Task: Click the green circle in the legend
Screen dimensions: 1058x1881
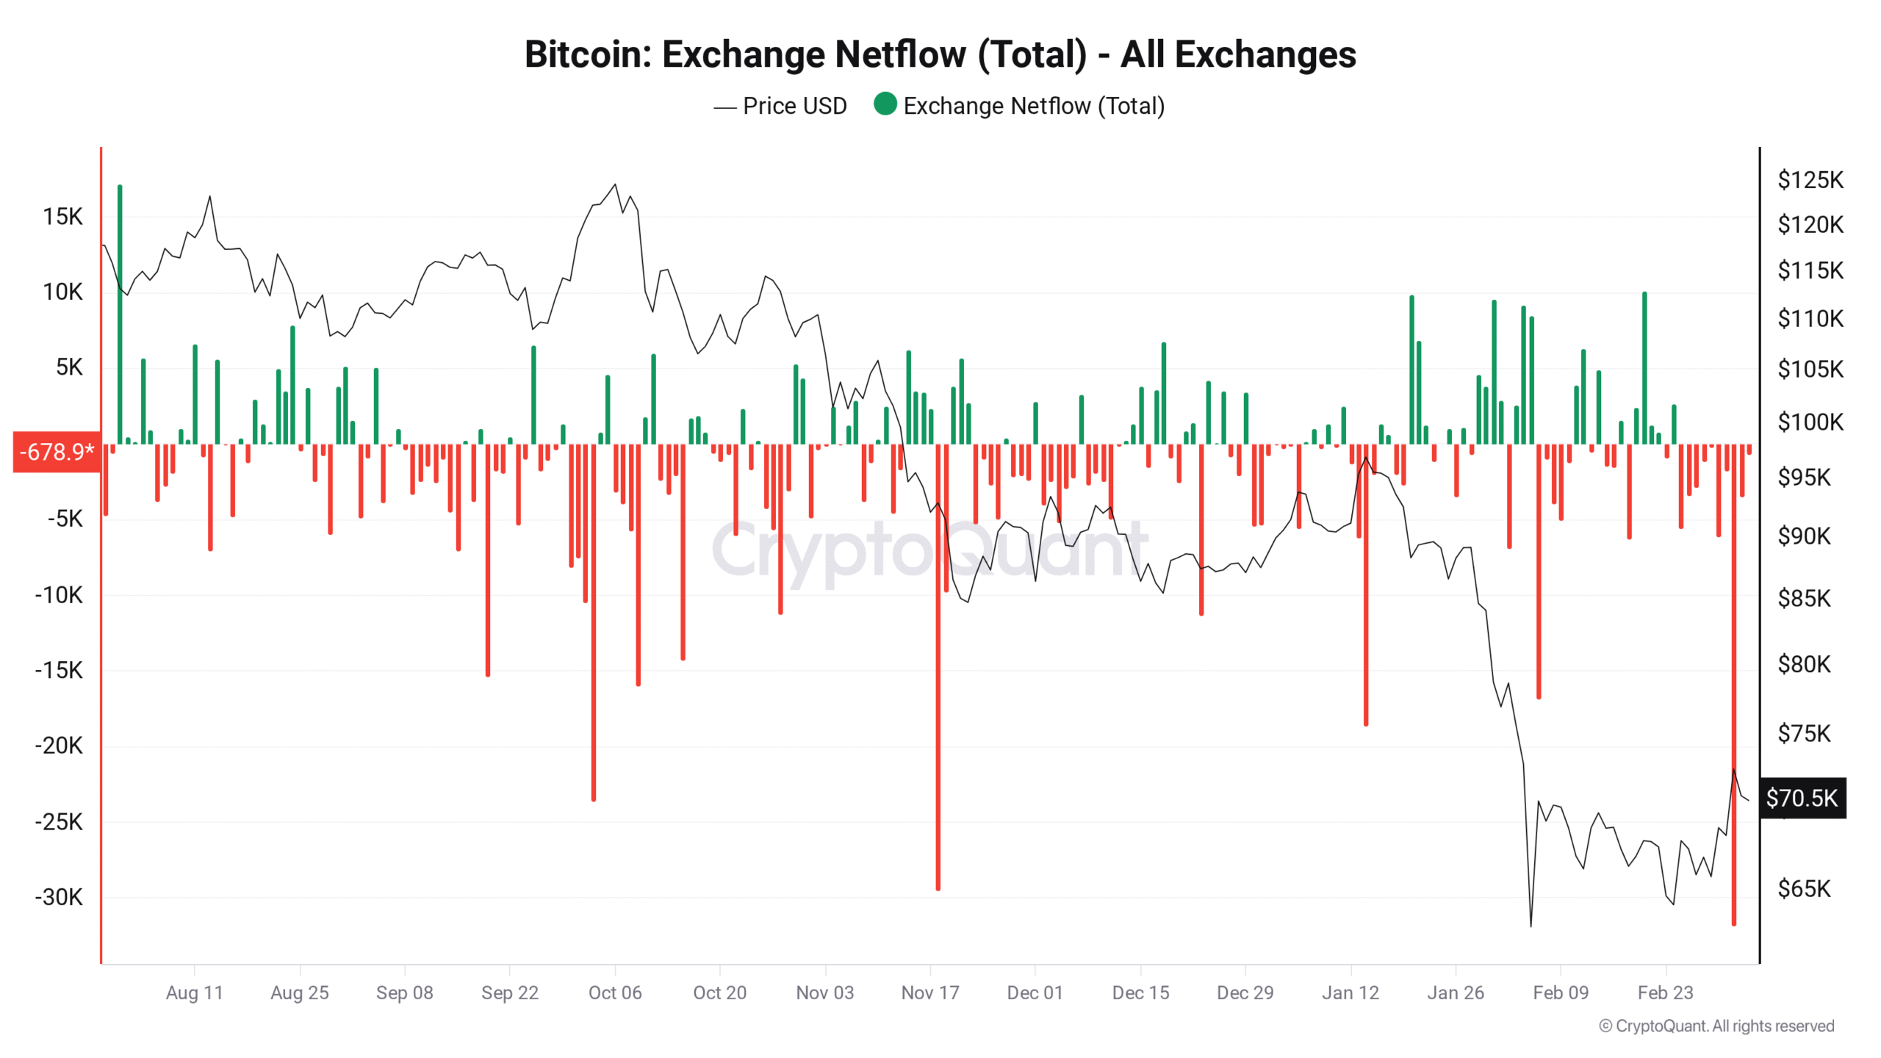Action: (885, 104)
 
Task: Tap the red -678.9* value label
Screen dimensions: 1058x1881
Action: (57, 451)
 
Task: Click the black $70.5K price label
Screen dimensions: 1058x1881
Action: (1802, 798)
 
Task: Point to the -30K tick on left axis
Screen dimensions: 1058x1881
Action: (59, 897)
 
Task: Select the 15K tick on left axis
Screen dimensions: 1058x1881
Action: (62, 217)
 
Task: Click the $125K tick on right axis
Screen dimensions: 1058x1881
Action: (1810, 180)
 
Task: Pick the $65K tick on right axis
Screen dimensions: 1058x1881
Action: (1804, 889)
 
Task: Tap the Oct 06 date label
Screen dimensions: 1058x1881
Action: (615, 993)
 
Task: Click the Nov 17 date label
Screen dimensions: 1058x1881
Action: (930, 993)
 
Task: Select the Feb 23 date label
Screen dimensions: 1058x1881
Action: (1665, 993)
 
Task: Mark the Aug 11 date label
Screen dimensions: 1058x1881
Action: (194, 993)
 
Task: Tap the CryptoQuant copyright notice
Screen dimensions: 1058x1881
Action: (1716, 1026)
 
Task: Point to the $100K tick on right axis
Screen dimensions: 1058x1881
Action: (1810, 422)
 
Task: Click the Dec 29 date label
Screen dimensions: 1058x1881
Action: (1245, 993)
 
